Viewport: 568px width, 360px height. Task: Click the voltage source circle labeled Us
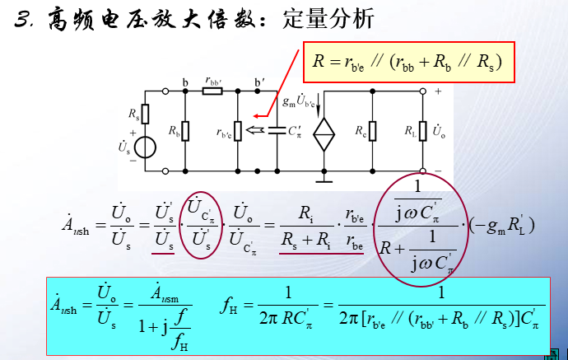click(x=145, y=148)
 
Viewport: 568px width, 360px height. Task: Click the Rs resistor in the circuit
click(x=145, y=114)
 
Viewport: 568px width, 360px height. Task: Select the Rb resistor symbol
click(x=185, y=131)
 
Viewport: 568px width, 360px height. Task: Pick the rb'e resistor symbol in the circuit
click(x=237, y=131)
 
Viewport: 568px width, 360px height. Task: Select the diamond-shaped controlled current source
click(x=325, y=133)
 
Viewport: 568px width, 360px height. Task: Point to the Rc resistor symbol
click(x=373, y=131)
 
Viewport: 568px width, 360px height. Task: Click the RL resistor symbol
click(x=421, y=131)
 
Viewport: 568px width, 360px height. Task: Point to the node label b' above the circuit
click(x=259, y=82)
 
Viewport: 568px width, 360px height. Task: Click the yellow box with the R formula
click(x=409, y=61)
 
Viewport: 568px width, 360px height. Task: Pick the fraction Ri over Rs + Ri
click(x=304, y=224)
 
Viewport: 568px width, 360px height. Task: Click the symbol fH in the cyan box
click(x=231, y=306)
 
